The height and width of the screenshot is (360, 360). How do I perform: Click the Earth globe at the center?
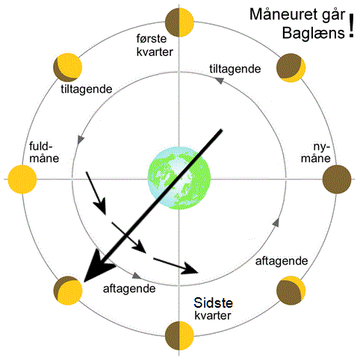pos(179,179)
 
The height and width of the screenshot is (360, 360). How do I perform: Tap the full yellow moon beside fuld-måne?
pos(22,179)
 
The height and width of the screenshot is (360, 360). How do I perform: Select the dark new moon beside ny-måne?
pos(337,179)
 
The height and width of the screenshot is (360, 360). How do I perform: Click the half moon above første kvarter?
pos(179,22)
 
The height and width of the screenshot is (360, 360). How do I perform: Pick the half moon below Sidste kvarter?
pos(179,335)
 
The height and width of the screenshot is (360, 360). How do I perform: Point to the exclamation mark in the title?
pos(351,25)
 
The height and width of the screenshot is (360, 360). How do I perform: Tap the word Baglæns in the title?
pos(314,33)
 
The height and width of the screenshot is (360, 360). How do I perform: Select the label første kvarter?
pos(155,45)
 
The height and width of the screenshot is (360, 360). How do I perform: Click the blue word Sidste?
pos(214,302)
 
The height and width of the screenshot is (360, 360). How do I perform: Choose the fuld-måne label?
pos(44,152)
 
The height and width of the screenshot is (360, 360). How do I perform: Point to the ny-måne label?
pos(316,152)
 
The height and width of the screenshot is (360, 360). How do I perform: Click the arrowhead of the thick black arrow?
pos(99,268)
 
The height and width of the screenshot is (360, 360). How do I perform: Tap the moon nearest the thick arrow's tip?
pos(68,291)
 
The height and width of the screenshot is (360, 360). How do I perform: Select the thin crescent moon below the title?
pos(291,68)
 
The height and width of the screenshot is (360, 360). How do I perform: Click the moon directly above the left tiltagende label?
pos(68,68)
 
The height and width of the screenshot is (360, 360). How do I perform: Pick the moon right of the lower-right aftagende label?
pos(291,291)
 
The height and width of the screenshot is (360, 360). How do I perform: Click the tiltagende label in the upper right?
pos(235,69)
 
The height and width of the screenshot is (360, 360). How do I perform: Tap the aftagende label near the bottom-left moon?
pos(129,289)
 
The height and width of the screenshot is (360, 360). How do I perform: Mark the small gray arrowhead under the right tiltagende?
pos(219,81)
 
